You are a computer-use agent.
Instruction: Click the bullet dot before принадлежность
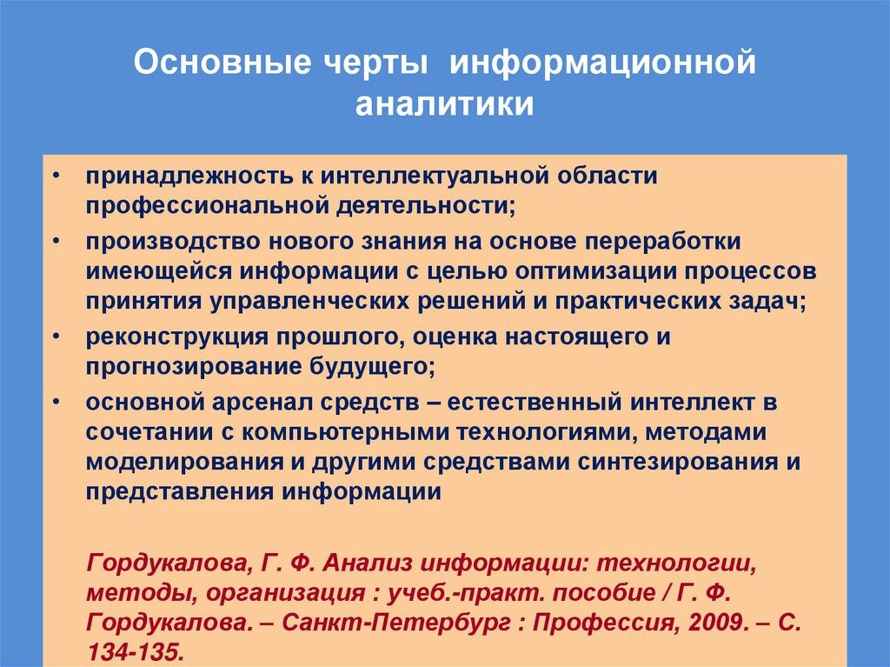click(56, 176)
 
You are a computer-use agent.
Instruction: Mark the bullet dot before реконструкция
click(56, 335)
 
